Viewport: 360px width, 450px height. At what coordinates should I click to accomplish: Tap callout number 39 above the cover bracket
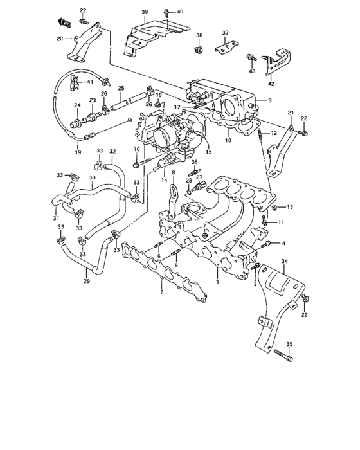click(x=145, y=13)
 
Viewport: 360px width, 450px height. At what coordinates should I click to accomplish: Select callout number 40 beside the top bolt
click(x=179, y=12)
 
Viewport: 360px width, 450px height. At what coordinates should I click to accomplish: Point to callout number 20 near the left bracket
click(x=60, y=39)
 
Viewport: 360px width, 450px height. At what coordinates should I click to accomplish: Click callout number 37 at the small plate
click(x=225, y=33)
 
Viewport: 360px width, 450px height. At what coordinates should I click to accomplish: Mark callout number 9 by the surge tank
click(x=269, y=100)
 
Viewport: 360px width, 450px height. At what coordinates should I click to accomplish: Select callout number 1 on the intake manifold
click(x=217, y=282)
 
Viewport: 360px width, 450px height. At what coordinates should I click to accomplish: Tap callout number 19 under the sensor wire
click(x=78, y=153)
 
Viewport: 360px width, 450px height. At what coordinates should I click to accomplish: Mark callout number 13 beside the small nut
click(x=290, y=207)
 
